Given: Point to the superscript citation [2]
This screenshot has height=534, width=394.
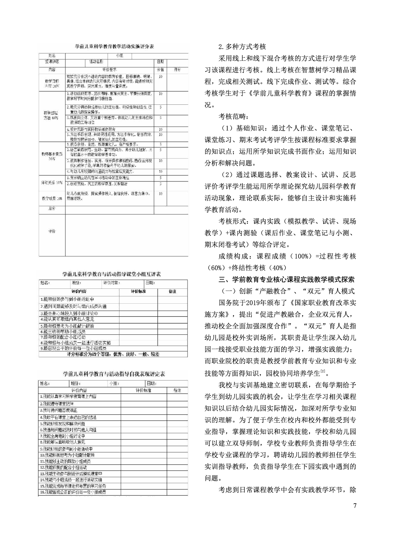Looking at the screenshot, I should (323, 372).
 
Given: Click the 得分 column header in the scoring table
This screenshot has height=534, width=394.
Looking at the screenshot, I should (178, 70).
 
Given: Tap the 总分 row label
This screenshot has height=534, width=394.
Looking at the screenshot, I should (52, 209).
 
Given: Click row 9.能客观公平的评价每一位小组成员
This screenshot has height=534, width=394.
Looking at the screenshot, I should (73, 349).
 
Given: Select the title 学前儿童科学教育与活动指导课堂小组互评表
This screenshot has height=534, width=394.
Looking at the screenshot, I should (112, 274).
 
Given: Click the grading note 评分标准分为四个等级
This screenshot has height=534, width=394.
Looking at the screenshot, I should (113, 354).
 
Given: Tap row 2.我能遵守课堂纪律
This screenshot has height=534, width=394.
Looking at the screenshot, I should (57, 403).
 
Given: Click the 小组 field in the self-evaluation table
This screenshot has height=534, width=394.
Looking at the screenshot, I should (114, 384).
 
